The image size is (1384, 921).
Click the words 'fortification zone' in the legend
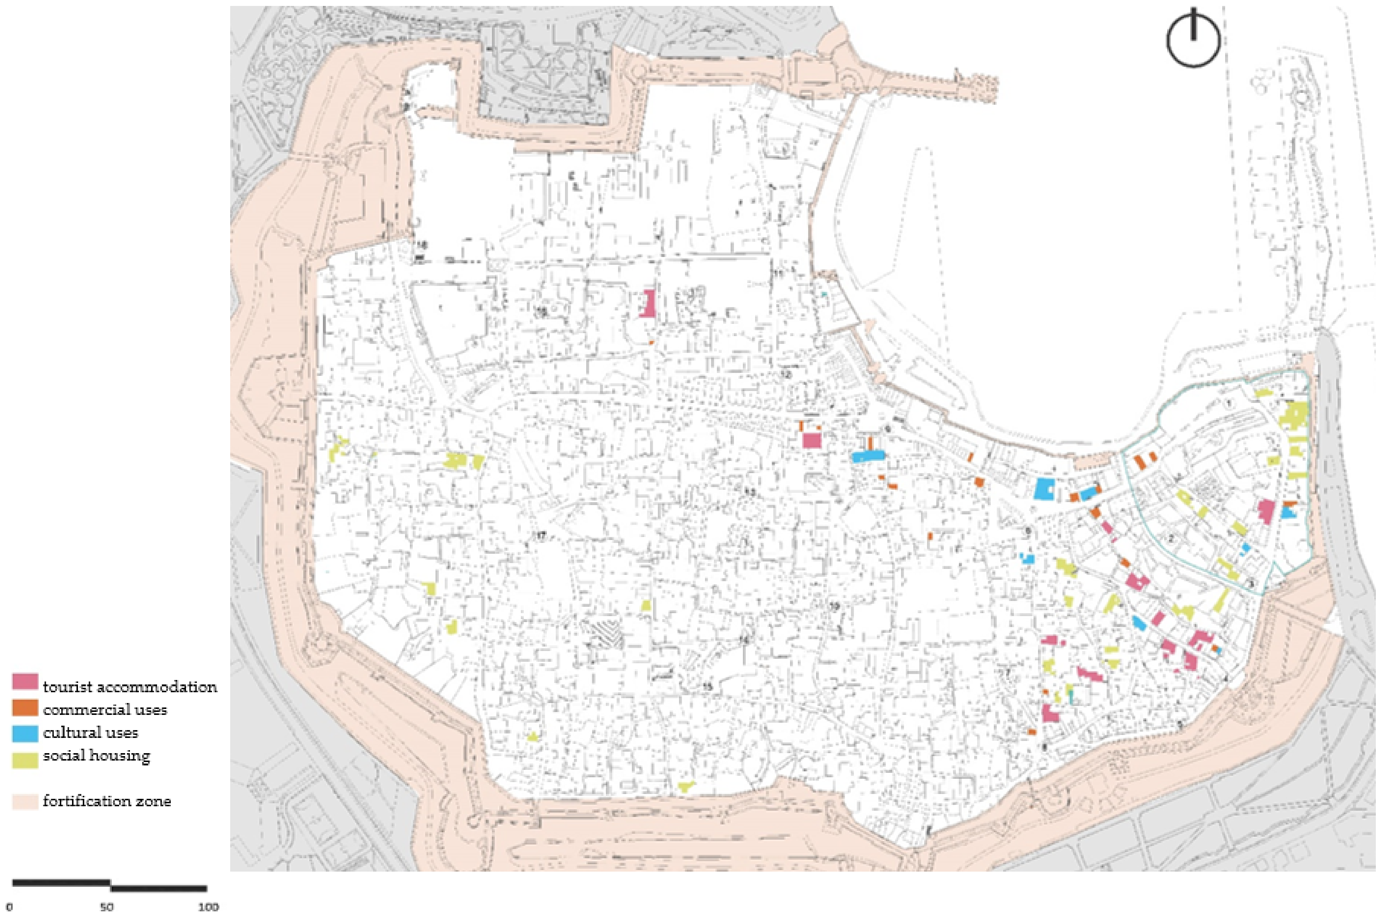pos(107,801)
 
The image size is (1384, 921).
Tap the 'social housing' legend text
pos(96,755)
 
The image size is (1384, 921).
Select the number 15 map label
pos(708,686)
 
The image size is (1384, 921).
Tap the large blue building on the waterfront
pos(1045,488)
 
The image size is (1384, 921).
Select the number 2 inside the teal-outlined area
pos(1171,538)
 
